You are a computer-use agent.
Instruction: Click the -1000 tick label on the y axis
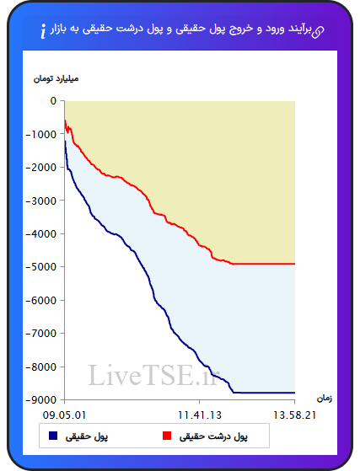pyautogui.click(x=41, y=134)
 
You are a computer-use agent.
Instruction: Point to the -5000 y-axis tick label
pyautogui.click(x=41, y=267)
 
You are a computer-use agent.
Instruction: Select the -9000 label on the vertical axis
pyautogui.click(x=41, y=400)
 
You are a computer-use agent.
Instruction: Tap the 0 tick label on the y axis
pyautogui.click(x=53, y=101)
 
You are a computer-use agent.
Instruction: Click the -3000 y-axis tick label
pyautogui.click(x=41, y=201)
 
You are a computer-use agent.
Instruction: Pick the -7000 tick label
pyautogui.click(x=41, y=333)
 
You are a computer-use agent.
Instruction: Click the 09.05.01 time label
pyautogui.click(x=64, y=415)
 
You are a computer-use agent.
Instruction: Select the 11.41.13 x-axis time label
pyautogui.click(x=200, y=415)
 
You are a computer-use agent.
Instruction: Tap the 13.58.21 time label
pyautogui.click(x=294, y=415)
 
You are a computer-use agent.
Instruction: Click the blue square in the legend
pyautogui.click(x=53, y=436)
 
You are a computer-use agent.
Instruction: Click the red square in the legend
pyautogui.click(x=167, y=436)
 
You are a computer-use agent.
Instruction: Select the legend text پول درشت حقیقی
pyautogui.click(x=213, y=436)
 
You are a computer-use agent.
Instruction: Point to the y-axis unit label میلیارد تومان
pyautogui.click(x=56, y=78)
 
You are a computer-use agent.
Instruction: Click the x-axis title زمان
pyautogui.click(x=325, y=399)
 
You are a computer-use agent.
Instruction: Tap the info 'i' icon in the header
pyautogui.click(x=43, y=31)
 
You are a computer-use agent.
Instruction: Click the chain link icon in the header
pyautogui.click(x=318, y=32)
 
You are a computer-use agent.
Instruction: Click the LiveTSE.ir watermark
pyautogui.click(x=153, y=375)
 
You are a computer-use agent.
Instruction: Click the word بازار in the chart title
pyautogui.click(x=60, y=29)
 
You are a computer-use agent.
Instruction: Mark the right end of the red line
pyautogui.click(x=295, y=264)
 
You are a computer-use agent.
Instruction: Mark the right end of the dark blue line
pyautogui.click(x=295, y=393)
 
